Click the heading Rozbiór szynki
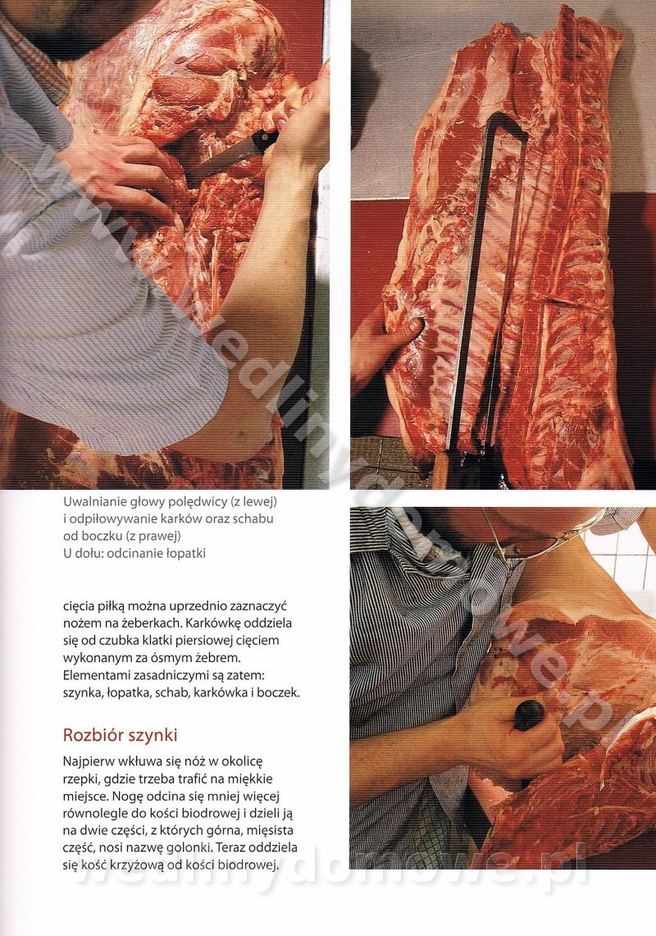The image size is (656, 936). pos(120,735)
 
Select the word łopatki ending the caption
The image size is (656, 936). pos(185,554)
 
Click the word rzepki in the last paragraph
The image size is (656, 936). pos(80,779)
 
